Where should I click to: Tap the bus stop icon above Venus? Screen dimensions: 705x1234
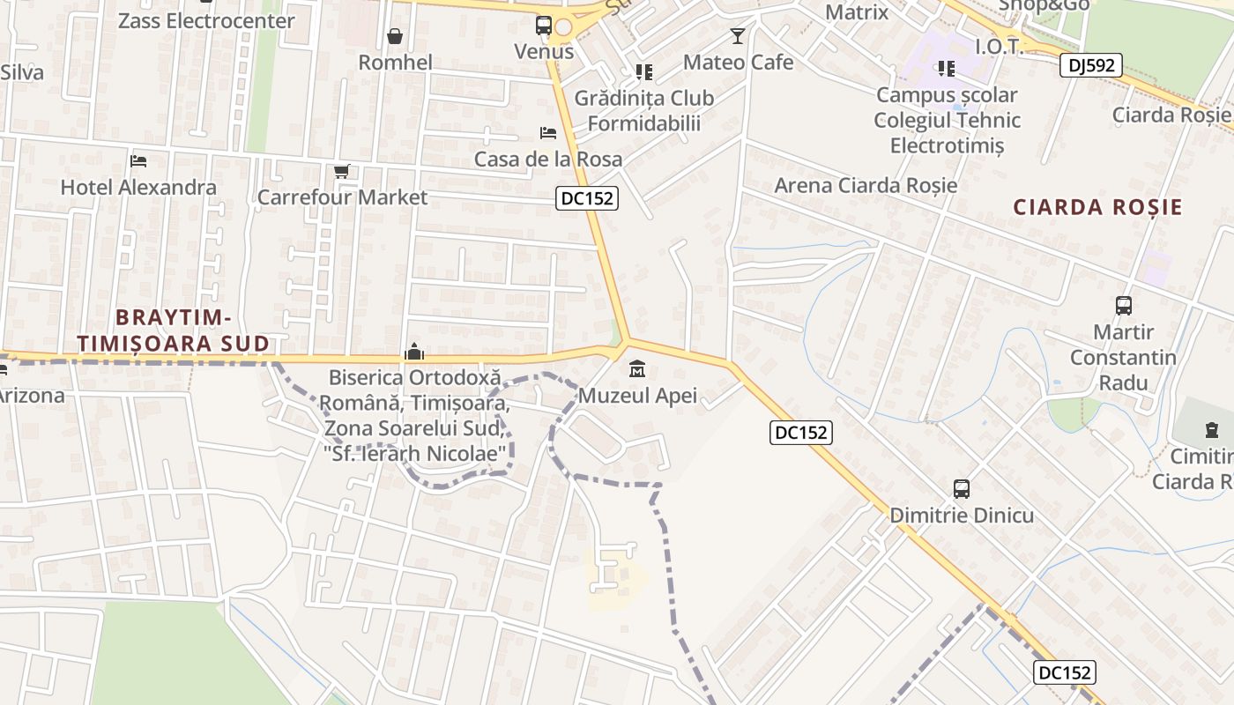point(544,26)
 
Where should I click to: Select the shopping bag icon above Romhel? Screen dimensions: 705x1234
point(395,36)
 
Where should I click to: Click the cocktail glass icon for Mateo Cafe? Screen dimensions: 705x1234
point(738,36)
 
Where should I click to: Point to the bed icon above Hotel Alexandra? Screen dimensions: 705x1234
point(138,161)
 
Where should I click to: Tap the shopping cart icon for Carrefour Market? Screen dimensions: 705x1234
point(342,171)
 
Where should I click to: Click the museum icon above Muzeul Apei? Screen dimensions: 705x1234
point(637,369)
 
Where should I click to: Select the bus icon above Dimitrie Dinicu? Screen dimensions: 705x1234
point(962,488)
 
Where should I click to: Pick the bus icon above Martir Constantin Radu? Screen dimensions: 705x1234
point(1123,306)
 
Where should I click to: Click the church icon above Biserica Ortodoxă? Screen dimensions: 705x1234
point(413,352)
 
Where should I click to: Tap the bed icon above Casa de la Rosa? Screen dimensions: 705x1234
point(548,133)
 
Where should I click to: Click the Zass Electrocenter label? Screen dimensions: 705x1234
point(206,20)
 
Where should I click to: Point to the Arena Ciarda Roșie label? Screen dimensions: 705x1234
point(865,185)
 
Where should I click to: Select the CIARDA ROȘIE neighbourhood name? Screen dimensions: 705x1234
point(1097,208)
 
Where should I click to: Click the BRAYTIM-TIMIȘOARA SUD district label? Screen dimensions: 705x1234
point(173,330)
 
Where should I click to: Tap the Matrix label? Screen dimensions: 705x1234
point(857,12)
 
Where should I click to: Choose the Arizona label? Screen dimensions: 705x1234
point(31,396)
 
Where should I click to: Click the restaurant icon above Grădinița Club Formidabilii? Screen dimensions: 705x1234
point(644,71)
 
